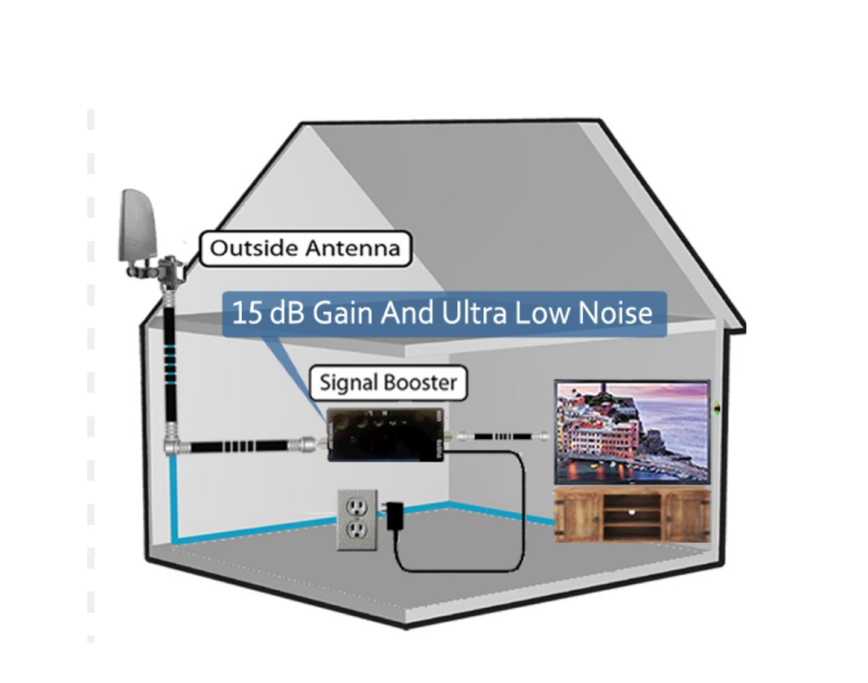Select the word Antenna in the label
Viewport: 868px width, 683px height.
point(353,248)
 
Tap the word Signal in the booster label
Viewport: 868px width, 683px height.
point(346,383)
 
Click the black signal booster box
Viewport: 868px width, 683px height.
point(385,434)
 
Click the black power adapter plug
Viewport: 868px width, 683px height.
point(394,516)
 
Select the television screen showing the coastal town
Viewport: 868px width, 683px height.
point(632,432)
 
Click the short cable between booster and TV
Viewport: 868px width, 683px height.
point(503,436)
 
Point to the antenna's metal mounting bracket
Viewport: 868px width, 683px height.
point(163,269)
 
